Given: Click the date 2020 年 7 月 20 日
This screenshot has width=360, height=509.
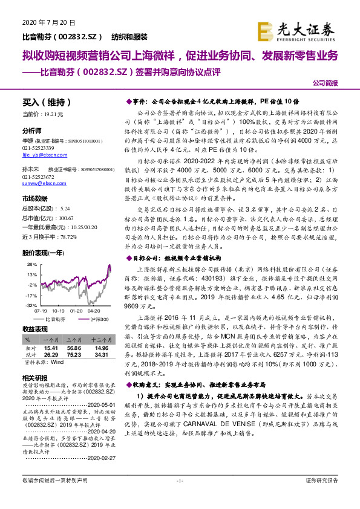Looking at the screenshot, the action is tap(44, 22).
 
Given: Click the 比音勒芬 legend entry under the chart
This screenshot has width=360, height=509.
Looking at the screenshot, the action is tap(56, 319).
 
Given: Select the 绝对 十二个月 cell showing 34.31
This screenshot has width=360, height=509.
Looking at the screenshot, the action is tap(101, 355).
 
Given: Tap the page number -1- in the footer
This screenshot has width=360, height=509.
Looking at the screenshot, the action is tap(180, 498).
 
